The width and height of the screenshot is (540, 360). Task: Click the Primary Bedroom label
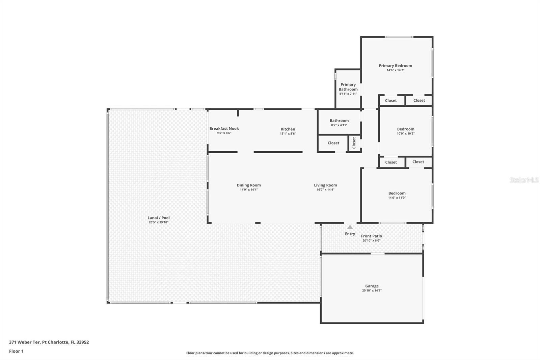pos(395,66)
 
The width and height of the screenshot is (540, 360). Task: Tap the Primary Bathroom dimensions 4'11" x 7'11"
pos(348,94)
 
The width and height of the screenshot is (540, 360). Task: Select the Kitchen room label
pos(288,129)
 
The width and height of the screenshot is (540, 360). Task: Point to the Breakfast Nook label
pos(224,129)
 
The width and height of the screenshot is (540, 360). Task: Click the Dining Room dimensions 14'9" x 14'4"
pos(249,190)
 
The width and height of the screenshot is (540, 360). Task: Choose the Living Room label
pos(325,185)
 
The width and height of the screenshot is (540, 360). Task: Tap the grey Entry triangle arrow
pos(350,227)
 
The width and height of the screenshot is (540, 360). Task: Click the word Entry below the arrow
pos(350,234)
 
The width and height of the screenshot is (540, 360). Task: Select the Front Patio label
pos(372,236)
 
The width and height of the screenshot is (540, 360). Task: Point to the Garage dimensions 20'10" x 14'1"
pos(372,290)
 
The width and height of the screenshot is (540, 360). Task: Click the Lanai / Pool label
pos(159,218)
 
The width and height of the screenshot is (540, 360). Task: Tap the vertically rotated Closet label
pos(354,143)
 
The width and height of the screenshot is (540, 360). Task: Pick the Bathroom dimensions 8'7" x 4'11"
pos(339,125)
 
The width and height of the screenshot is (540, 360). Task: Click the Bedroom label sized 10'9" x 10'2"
pos(406,129)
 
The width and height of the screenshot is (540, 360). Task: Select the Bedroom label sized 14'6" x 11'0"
pos(397,193)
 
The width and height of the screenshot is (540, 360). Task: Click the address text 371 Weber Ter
pos(25,342)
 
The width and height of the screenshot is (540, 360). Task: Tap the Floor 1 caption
pos(16,351)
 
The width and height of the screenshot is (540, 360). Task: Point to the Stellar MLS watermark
pos(524,180)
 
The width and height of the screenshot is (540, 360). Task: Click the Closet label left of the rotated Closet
pos(333,143)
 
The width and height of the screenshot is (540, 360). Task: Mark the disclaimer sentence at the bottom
pos(270,353)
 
